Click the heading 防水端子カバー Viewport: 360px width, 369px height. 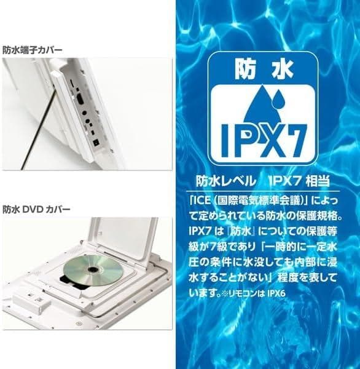pos(33,50)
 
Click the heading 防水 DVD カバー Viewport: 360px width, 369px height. pos(36,209)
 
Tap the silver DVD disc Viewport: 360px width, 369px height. pos(93,269)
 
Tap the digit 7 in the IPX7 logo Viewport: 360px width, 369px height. pos(295,141)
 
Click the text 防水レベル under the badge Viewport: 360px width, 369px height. pos(226,181)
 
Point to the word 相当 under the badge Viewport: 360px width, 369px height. pos(318,181)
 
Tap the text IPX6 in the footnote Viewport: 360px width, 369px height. pos(276,294)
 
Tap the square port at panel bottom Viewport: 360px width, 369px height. pos(96,143)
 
